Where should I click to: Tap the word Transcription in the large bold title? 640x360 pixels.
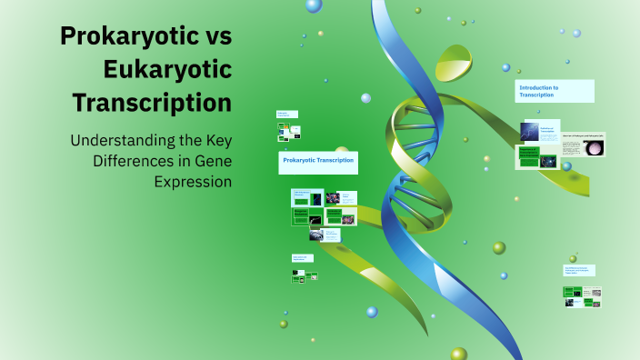pos(152,102)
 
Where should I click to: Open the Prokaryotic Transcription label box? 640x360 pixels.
pos(318,163)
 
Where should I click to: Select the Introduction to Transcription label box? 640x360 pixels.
pos(554,91)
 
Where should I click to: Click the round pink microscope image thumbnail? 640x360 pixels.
pos(595,148)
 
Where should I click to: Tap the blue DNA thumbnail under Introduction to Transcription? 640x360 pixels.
pos(529,131)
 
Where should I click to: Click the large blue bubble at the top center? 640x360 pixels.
pos(314,5)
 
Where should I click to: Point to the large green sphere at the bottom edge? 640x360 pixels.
pos(459,354)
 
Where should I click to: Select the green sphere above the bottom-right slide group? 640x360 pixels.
pos(573,259)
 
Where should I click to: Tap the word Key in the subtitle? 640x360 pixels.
pos(215,142)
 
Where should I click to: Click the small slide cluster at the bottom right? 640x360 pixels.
pos(582,296)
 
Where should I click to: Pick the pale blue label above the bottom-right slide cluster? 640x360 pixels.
pos(579,270)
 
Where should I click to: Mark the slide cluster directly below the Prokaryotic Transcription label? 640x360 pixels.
pos(323,215)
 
